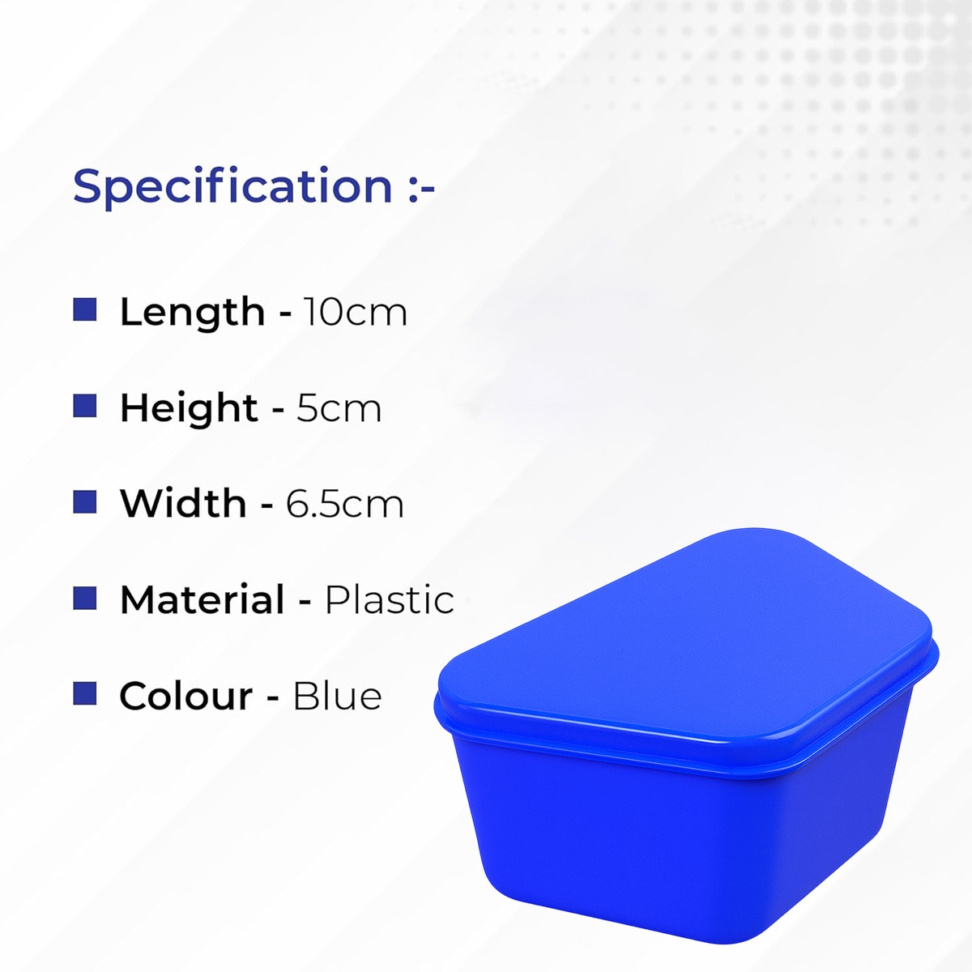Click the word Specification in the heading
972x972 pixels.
[232, 186]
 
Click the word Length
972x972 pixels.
[192, 312]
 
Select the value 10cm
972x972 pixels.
[356, 312]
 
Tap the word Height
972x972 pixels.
[189, 407]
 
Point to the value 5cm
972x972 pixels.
[339, 407]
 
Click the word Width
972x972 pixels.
[183, 503]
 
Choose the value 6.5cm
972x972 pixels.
[345, 504]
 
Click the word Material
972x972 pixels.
[202, 599]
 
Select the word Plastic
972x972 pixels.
[389, 599]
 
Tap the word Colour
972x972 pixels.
[186, 696]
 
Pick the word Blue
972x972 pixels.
[337, 696]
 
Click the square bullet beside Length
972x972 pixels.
[85, 309]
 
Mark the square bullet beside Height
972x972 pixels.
[85, 406]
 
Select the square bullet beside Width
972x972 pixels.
[85, 501]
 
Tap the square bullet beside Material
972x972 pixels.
[85, 598]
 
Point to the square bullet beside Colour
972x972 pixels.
[85, 693]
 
